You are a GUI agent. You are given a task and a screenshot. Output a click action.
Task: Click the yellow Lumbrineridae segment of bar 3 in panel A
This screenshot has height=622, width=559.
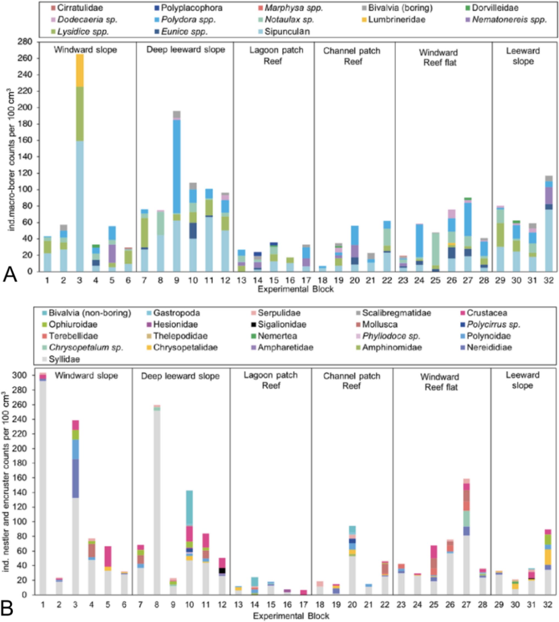[x=80, y=70]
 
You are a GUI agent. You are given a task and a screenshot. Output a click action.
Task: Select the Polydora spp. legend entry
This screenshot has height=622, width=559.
[x=188, y=20]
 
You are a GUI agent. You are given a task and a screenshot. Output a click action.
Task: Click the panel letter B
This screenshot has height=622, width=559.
[x=7, y=608]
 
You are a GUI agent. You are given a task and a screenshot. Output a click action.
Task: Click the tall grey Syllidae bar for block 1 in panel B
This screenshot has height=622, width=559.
[x=43, y=485]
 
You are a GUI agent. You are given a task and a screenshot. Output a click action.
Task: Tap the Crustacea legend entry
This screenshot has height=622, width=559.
[x=487, y=313]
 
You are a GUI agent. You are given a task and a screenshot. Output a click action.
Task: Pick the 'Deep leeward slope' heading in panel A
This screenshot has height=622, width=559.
[x=185, y=50]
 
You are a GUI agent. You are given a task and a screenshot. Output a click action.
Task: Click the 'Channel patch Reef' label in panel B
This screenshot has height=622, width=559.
[x=352, y=380]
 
